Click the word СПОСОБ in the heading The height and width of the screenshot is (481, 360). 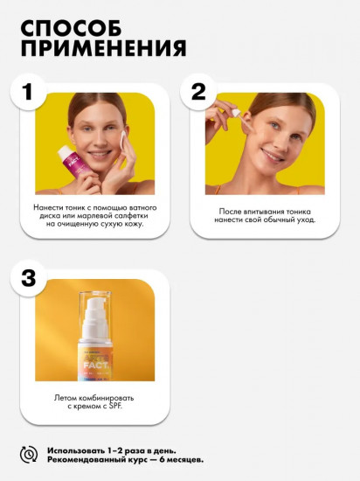pos(71,29)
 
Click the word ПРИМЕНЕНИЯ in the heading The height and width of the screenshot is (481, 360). pos(103,47)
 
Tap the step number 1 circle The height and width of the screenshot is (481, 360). pos(29,92)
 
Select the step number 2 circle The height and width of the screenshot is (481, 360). pos(198,92)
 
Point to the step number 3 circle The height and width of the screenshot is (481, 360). pos(29,278)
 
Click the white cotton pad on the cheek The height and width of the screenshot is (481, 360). pos(124,141)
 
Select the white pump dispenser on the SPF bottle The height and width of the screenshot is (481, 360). pos(95,318)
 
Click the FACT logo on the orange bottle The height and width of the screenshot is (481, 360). pos(95,366)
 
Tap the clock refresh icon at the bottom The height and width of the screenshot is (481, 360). pos(29,455)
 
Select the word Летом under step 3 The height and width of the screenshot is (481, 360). pos(66,398)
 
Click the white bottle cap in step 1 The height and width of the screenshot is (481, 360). pos(65,151)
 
